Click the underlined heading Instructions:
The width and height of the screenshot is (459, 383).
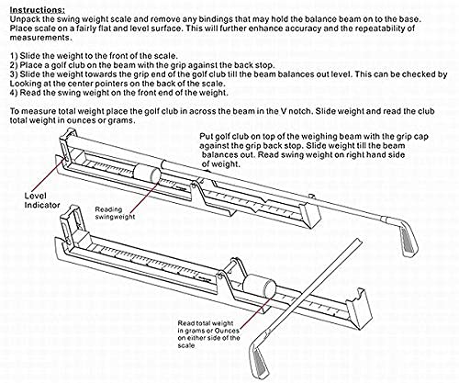click(31, 6)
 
